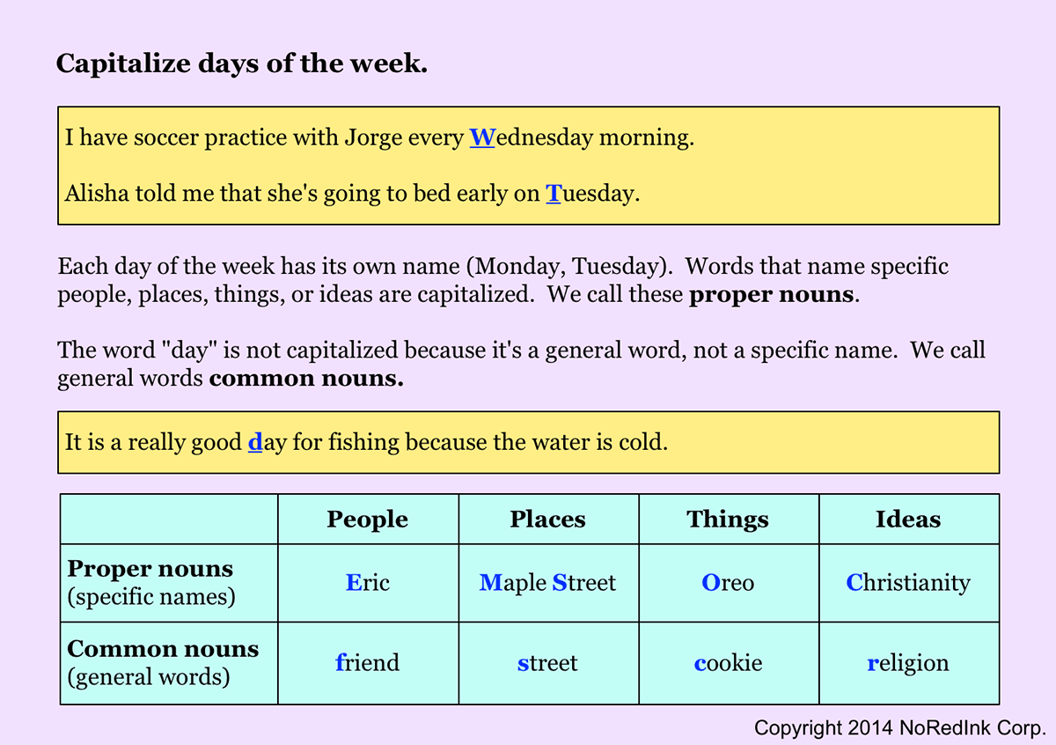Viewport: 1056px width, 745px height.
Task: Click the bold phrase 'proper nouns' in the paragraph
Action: point(771,295)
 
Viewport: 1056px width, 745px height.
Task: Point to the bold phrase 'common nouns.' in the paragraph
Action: point(307,379)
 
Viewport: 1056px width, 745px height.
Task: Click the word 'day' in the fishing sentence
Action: point(268,442)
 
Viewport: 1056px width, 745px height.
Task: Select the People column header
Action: point(367,520)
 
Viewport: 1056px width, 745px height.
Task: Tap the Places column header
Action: point(547,520)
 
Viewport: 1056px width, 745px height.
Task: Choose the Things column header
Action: point(728,520)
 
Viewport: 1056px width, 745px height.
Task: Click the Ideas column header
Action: point(907,520)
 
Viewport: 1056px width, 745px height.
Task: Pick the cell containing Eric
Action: point(368,583)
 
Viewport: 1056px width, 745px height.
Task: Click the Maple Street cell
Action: point(547,583)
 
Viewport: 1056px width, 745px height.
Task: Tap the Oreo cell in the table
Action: point(728,583)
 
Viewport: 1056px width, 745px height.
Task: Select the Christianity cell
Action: point(908,583)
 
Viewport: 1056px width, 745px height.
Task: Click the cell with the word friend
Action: point(368,662)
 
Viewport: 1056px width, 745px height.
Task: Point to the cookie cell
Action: point(728,662)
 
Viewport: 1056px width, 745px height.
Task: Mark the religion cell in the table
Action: point(908,662)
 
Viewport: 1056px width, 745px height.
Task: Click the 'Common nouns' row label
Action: point(163,650)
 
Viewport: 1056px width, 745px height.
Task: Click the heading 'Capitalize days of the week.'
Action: point(242,63)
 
